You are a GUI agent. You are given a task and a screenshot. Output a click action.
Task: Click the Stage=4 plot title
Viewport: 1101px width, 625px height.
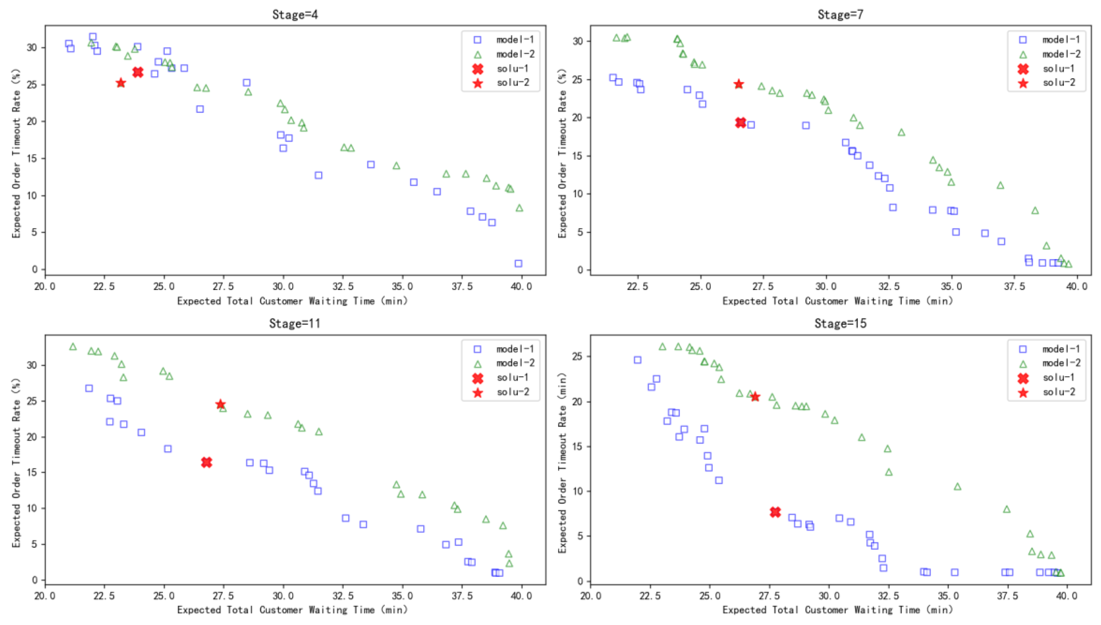(295, 15)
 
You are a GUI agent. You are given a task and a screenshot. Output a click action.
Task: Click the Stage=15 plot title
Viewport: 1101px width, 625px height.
(840, 323)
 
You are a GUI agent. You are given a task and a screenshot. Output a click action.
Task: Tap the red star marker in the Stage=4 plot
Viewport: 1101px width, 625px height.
(121, 83)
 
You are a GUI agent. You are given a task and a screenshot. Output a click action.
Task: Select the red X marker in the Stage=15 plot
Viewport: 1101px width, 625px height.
(775, 512)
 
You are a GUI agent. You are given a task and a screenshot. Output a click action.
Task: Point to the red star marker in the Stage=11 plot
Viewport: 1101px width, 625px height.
(220, 405)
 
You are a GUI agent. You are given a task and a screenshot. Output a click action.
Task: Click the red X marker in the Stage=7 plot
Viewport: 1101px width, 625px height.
(740, 123)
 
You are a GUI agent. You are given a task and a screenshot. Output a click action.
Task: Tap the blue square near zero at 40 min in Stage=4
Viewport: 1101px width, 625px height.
(518, 264)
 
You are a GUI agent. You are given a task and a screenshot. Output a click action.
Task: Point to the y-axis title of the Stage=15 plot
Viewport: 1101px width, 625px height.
(563, 462)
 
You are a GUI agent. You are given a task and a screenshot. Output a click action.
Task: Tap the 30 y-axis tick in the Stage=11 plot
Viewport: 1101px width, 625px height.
(32, 365)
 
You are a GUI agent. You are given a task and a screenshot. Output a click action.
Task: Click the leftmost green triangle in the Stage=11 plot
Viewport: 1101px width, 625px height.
(73, 346)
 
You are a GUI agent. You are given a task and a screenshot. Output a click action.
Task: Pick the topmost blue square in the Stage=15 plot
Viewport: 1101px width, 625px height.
(637, 360)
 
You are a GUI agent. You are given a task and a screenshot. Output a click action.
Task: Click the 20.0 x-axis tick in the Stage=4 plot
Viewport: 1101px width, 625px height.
(45, 286)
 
